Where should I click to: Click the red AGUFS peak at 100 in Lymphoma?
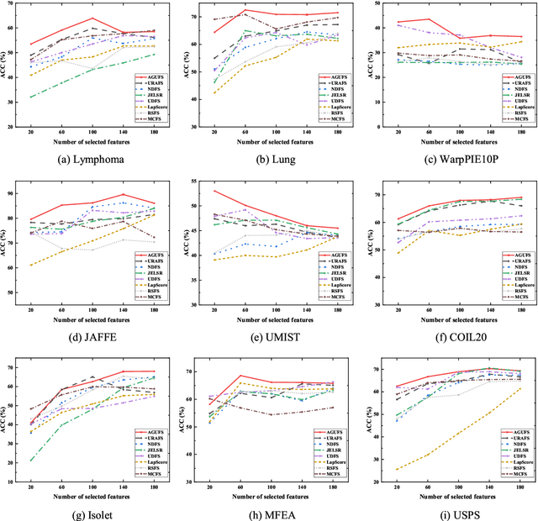click(x=92, y=18)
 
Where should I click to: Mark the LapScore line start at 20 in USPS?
click(x=395, y=446)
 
